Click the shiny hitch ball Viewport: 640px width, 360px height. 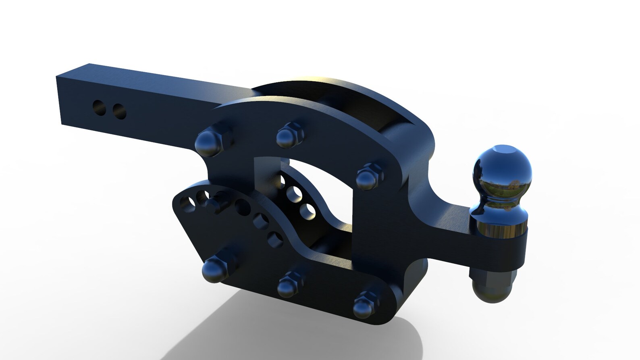coord(502,169)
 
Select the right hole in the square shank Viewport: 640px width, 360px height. coord(118,111)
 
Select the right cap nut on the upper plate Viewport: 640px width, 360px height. coord(367,177)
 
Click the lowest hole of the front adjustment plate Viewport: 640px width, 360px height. coord(275,239)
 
